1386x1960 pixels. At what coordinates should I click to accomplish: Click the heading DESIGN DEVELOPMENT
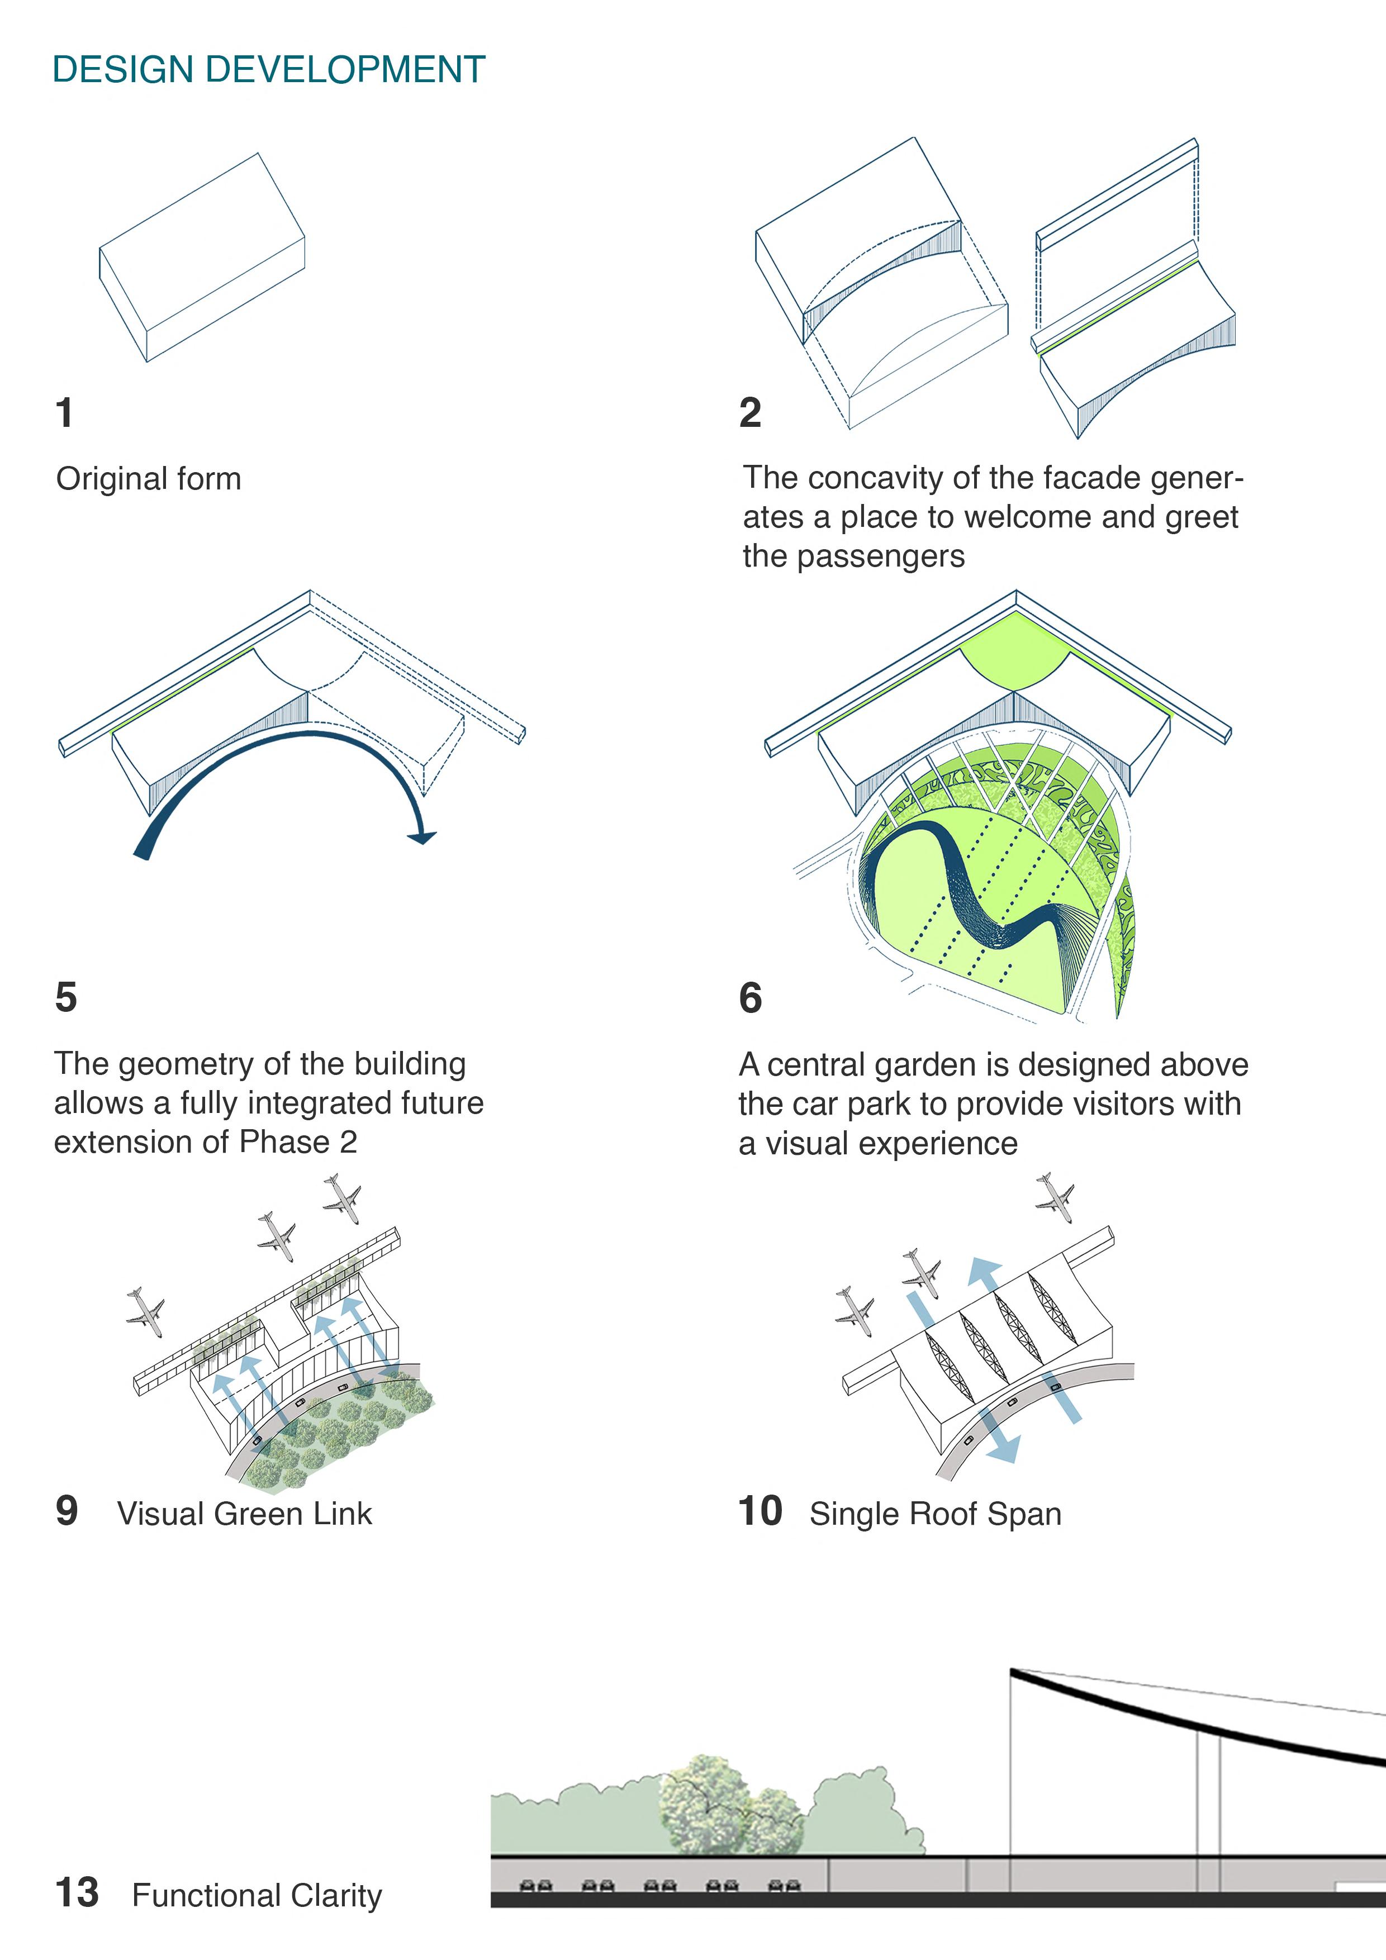pos(268,70)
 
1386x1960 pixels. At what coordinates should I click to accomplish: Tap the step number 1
pos(64,413)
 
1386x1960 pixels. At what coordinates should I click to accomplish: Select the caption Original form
pos(149,479)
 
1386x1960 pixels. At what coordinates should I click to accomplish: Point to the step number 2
pos(750,413)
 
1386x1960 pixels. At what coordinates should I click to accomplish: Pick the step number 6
pos(750,998)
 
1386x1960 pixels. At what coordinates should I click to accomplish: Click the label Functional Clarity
pos(257,1895)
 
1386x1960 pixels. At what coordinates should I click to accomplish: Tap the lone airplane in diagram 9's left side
pos(145,1311)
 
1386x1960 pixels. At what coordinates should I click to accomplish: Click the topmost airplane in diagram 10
pos(1056,1196)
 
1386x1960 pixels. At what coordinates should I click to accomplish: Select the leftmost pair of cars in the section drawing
pos(535,1885)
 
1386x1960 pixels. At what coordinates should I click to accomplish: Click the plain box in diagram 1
pos(202,256)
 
